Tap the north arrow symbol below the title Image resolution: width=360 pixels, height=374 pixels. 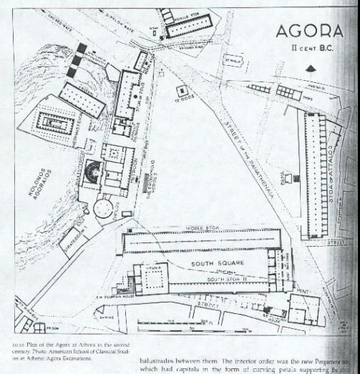coord(310,69)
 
